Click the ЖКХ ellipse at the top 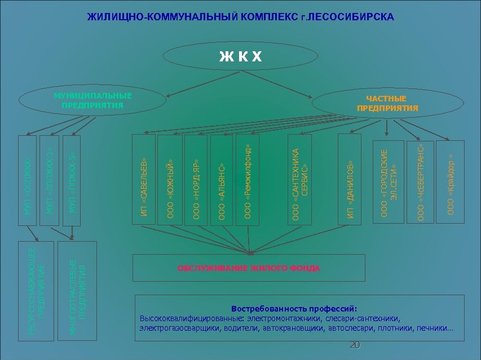pos(240,56)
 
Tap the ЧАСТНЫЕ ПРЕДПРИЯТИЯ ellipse pos(387,103)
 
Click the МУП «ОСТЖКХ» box pos(28,180)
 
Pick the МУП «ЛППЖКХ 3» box pos(50,180)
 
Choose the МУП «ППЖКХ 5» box pos(72,180)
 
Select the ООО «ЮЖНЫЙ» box pos(169,179)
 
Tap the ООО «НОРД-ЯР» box pos(196,179)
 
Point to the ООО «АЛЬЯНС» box pos(221,179)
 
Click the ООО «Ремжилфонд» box pos(248,179)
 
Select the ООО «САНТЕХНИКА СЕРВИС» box pos(301,179)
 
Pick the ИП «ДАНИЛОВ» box pos(350,179)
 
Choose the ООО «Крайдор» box pos(451,181)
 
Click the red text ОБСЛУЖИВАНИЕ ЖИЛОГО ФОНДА pos(249,268)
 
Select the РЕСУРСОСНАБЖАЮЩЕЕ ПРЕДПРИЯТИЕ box pos(37,290)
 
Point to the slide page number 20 pos(355,345)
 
